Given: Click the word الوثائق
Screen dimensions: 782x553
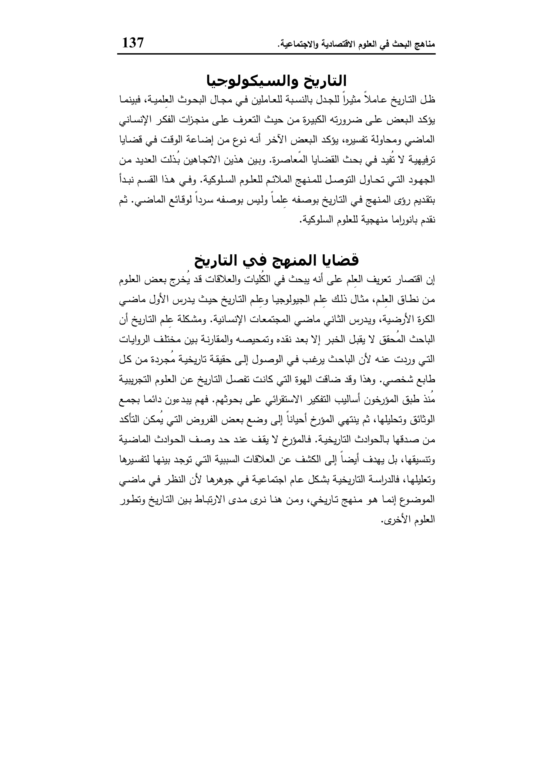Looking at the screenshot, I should pyautogui.click(x=423, y=420).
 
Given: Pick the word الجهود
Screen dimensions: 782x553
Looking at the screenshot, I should pyautogui.click(x=422, y=180).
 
